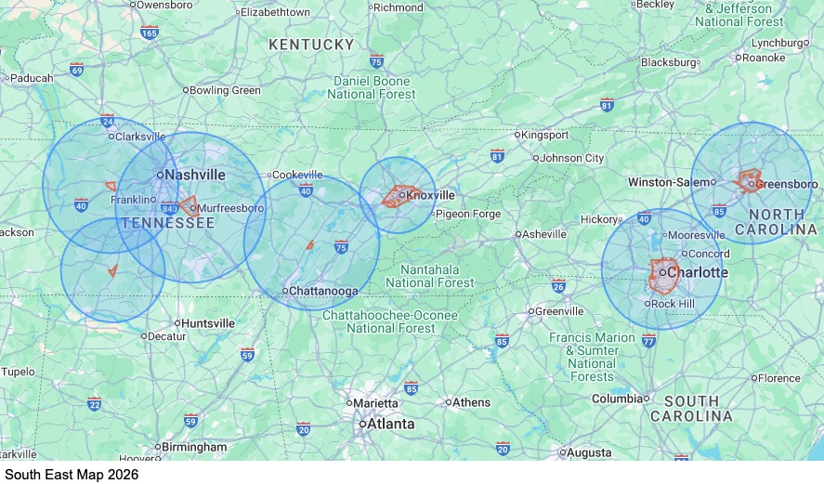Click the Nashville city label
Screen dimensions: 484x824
pos(195,174)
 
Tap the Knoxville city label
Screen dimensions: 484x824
pos(431,195)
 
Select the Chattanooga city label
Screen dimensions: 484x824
pos(323,291)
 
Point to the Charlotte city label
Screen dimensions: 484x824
pos(698,272)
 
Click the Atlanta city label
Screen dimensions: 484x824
pos(390,424)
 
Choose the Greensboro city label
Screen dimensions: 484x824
pos(786,183)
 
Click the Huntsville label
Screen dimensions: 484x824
pos(208,322)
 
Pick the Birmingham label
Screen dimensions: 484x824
pos(194,447)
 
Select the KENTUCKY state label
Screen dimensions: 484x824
pos(311,45)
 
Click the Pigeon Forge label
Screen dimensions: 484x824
pos(468,214)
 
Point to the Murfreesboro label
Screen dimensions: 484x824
pos(231,208)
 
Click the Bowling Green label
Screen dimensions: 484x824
pos(226,90)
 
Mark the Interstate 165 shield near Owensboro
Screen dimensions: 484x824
pos(150,33)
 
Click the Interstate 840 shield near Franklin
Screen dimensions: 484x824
pos(169,209)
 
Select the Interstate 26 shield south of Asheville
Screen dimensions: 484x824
pos(558,285)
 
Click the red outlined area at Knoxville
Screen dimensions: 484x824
pos(399,197)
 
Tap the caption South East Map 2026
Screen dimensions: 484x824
pos(72,474)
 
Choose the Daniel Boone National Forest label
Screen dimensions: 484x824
pos(374,87)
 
